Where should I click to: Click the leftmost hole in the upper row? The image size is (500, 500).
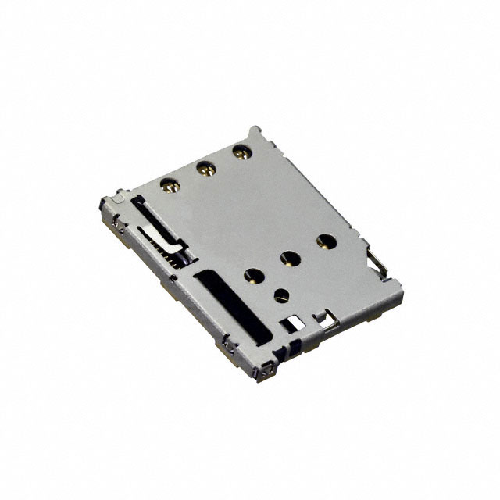pyautogui.click(x=168, y=185)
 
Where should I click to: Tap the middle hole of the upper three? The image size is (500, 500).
pyautogui.click(x=206, y=166)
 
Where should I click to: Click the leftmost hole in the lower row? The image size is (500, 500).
pyautogui.click(x=252, y=274)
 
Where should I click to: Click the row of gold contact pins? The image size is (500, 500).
pyautogui.click(x=173, y=251)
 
